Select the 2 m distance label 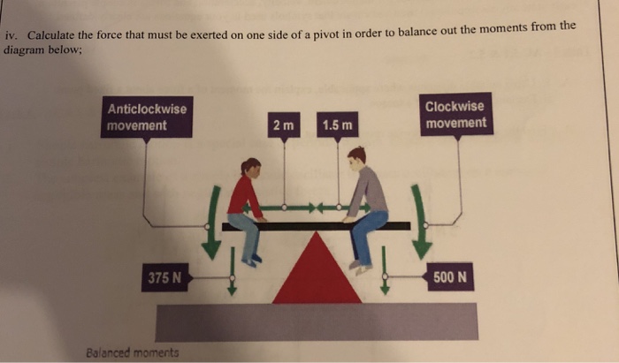click(x=284, y=125)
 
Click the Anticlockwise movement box click(x=147, y=117)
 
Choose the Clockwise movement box click(x=455, y=115)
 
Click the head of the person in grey click(x=356, y=155)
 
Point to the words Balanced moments click(x=133, y=352)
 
